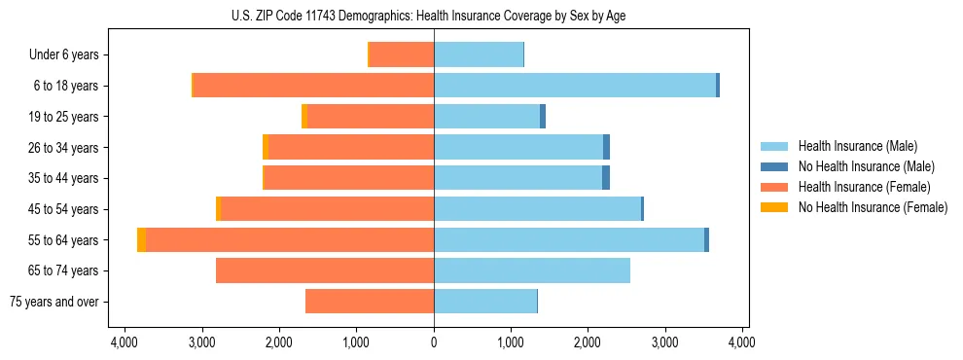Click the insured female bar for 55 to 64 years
(290, 239)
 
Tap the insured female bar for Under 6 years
(401, 54)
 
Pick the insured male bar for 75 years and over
(484, 302)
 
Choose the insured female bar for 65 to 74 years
(325, 270)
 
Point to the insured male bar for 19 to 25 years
(486, 117)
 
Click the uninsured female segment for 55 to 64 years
(142, 239)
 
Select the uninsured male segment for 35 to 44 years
(606, 178)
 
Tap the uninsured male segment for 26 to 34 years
(606, 147)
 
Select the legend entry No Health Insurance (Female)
(873, 207)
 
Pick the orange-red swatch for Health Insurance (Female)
(773, 187)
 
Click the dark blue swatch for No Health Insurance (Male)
(773, 166)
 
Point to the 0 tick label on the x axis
(434, 342)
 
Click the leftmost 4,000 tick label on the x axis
(125, 342)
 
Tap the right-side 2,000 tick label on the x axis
(588, 342)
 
